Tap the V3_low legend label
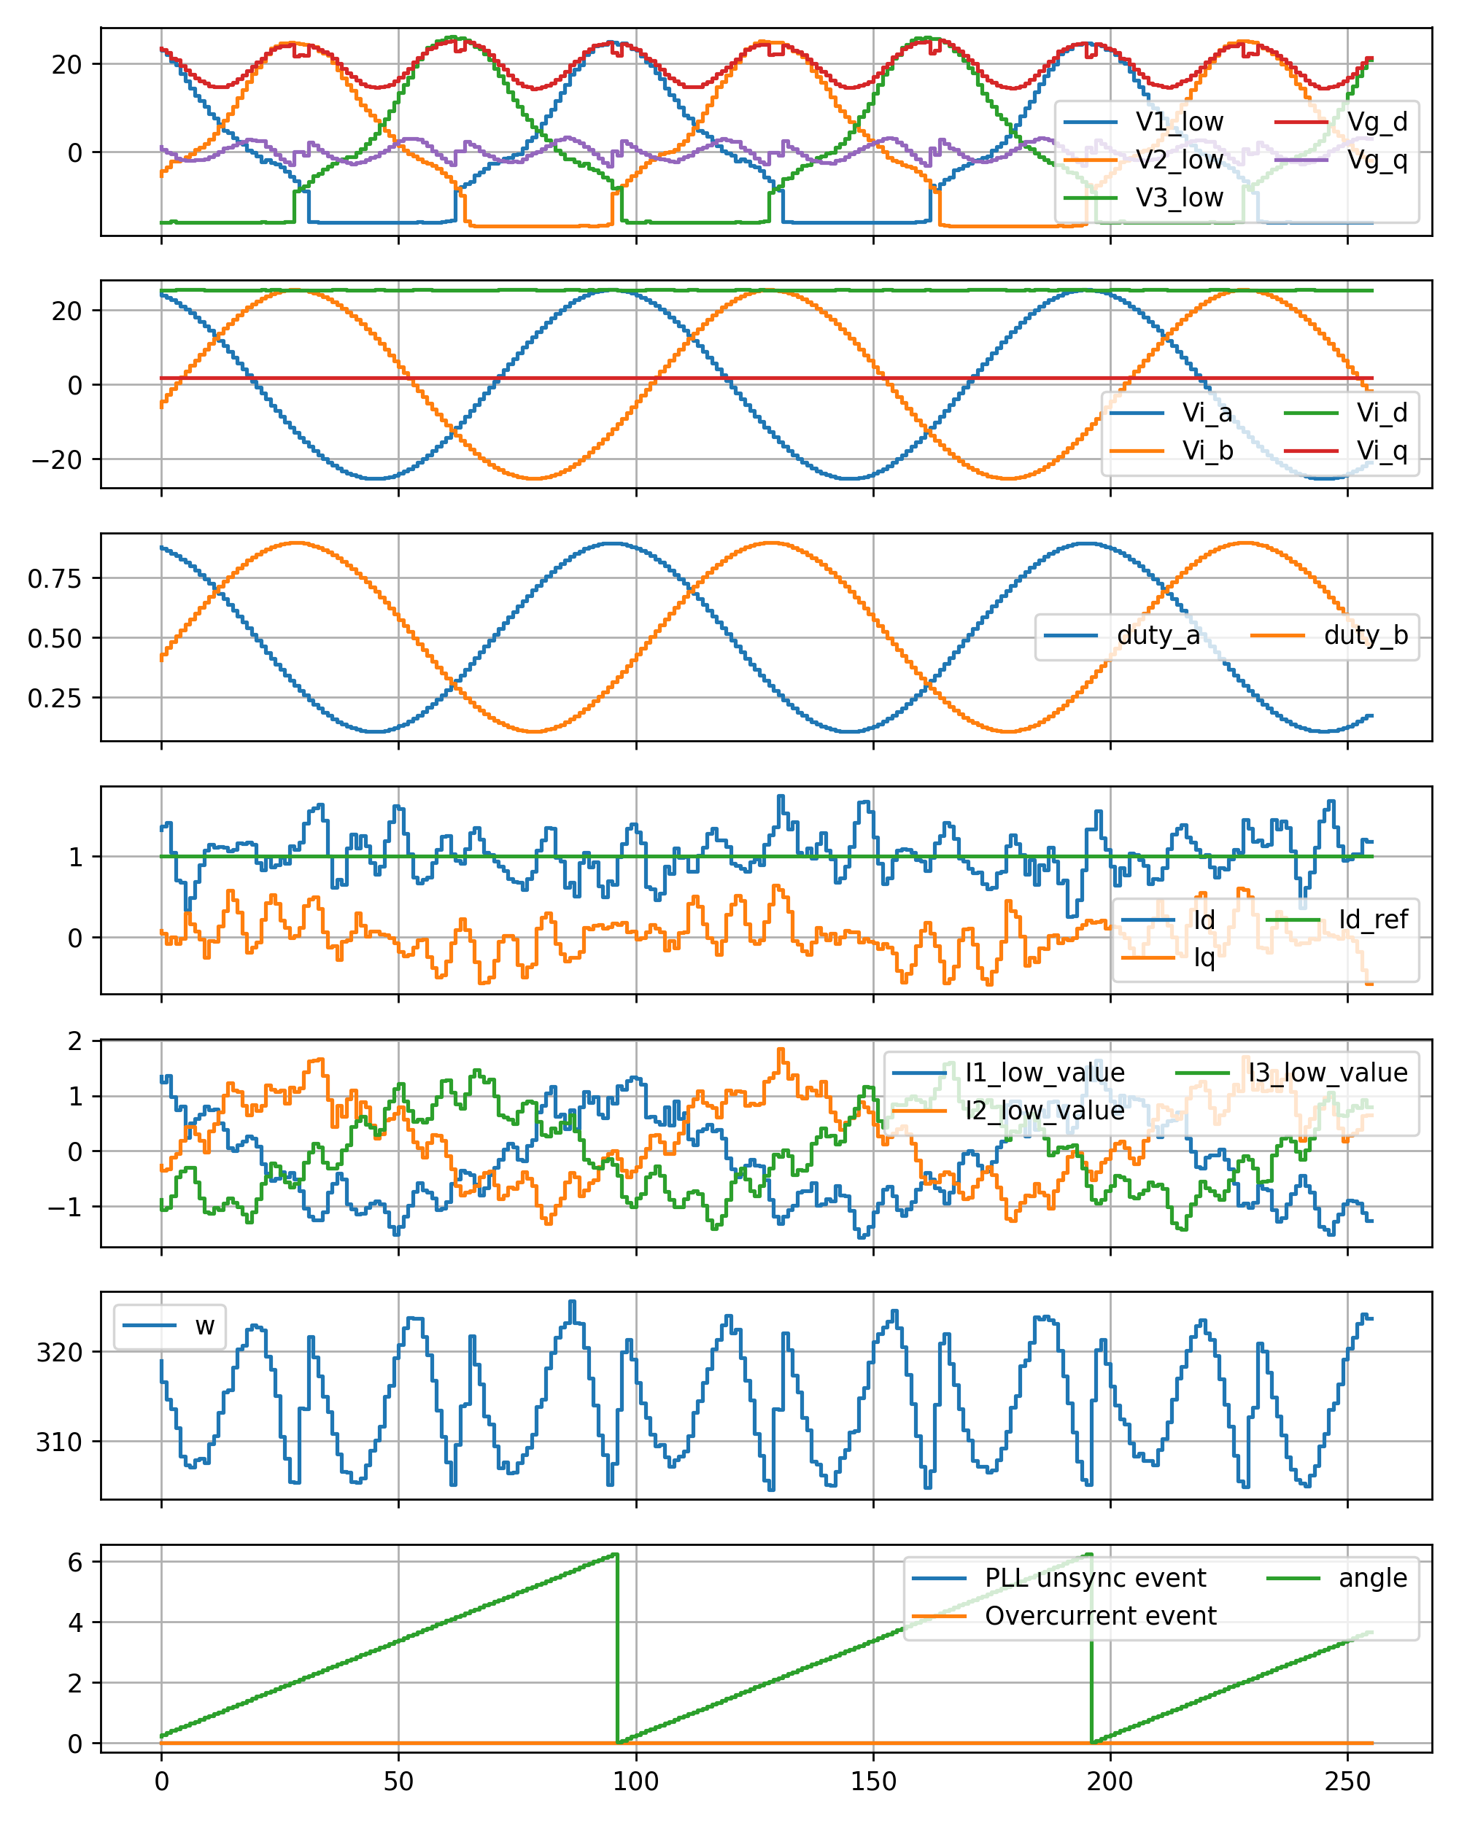(1178, 198)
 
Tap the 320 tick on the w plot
(58, 1353)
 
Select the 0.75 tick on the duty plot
(54, 578)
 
